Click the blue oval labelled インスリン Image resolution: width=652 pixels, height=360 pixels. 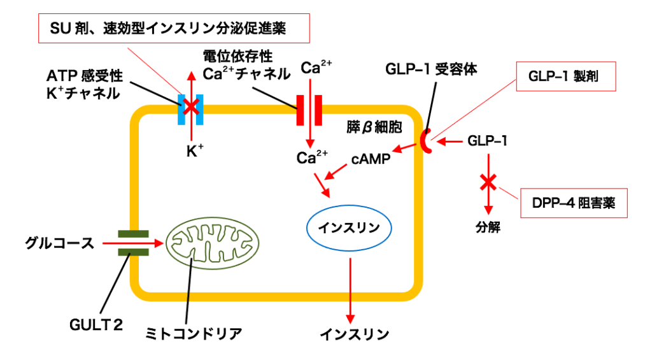348,227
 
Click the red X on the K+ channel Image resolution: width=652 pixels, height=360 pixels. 190,104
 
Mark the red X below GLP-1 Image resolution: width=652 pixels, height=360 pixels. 488,184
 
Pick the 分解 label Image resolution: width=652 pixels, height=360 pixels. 488,226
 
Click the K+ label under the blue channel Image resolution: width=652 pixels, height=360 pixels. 192,151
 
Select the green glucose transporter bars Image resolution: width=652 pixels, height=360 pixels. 133,243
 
